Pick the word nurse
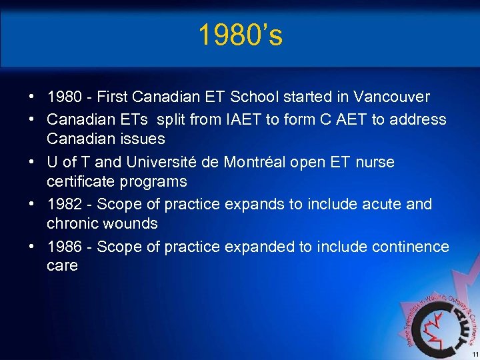point(375,162)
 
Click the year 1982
point(67,204)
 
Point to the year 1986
point(67,247)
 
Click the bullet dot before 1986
point(32,247)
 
